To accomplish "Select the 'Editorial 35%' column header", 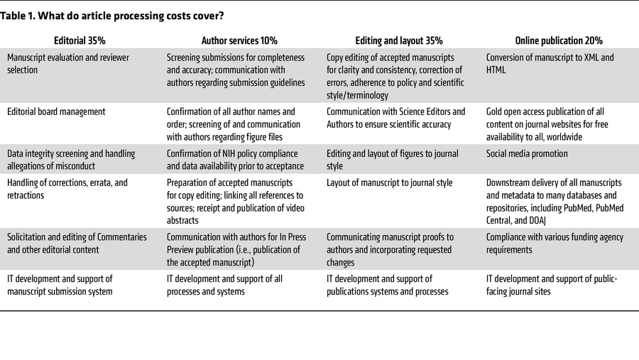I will click(80, 40).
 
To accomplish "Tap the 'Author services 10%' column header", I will click(239, 40).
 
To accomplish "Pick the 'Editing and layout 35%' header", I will click(399, 40).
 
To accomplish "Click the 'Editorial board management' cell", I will click(56, 111).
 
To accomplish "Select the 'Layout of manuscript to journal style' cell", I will click(389, 182).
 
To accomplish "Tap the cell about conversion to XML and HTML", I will click(550, 63).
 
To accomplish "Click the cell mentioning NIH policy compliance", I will click(235, 160).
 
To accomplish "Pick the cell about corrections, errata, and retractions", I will click(67, 189).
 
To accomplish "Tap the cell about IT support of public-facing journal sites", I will click(552, 285).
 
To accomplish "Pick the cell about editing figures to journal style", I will click(393, 160).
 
